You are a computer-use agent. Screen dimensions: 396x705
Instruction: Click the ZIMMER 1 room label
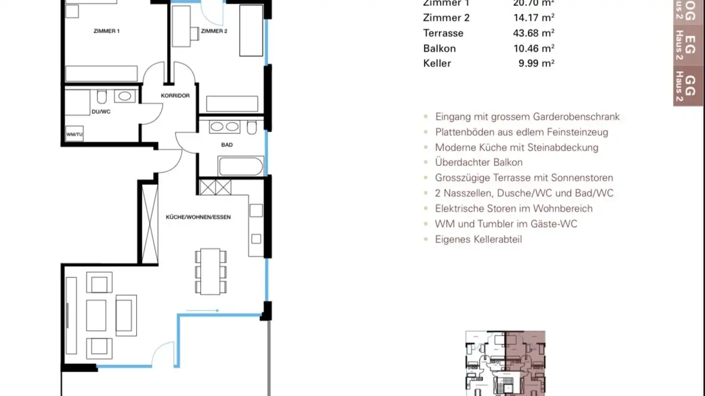[107, 31]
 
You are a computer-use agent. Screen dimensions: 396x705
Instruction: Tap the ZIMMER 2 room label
[214, 31]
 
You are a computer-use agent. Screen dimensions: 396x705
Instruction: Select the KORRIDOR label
[175, 96]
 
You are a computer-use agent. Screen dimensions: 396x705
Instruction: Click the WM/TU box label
[74, 134]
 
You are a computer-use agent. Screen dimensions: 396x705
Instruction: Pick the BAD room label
[227, 145]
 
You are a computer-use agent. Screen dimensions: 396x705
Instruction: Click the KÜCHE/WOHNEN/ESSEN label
[198, 217]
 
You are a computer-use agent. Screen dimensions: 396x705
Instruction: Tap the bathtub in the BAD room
[241, 166]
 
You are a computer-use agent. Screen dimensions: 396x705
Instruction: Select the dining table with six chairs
[211, 271]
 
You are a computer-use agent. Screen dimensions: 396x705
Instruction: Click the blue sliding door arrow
[202, 310]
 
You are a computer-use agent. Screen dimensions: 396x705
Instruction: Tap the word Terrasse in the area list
[443, 33]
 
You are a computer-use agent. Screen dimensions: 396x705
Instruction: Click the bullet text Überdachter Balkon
[478, 162]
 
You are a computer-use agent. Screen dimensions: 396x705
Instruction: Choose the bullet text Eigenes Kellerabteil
[478, 239]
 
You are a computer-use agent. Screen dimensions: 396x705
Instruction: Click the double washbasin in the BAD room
[225, 127]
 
